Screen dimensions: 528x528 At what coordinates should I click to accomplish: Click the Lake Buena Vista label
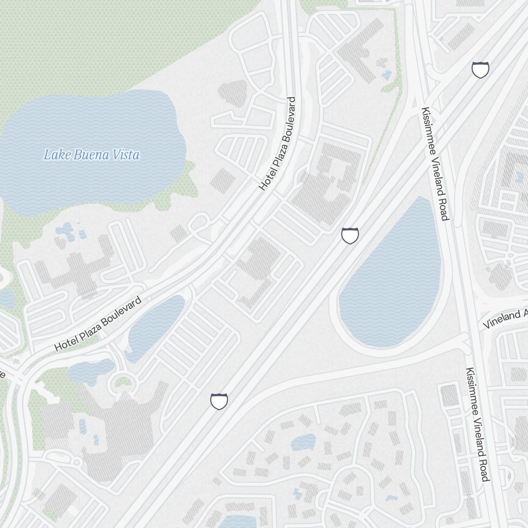pos(91,155)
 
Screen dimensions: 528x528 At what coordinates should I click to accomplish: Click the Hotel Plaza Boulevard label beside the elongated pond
pos(98,324)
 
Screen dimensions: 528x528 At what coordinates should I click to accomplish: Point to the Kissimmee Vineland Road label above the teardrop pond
pos(435,164)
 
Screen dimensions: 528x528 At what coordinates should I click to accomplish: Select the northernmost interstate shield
pos(480,69)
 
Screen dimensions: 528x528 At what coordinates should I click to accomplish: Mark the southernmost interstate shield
pos(219,401)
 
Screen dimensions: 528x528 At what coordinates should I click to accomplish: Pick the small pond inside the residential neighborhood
pos(303,442)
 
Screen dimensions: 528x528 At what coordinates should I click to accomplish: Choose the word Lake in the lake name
pos(53,155)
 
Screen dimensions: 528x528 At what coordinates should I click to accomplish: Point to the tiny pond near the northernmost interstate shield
pos(387,74)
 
